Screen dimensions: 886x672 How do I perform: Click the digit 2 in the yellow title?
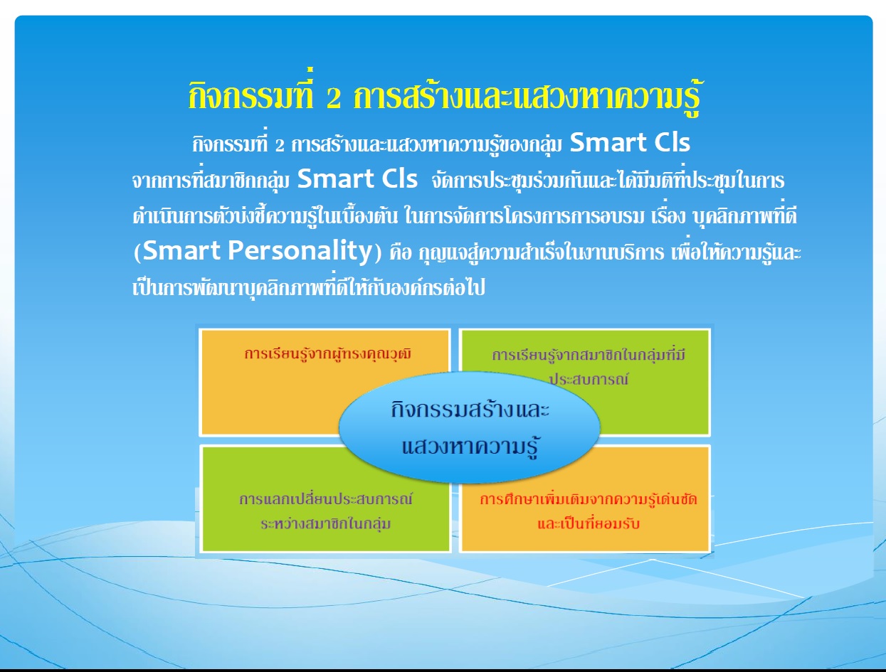click(334, 97)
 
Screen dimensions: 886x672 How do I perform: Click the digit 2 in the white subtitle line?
click(280, 145)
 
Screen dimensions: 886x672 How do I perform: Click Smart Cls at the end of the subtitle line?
click(630, 142)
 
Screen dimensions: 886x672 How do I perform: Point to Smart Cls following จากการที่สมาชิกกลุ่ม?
click(357, 178)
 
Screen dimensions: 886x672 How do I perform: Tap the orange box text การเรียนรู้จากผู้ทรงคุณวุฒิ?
click(328, 353)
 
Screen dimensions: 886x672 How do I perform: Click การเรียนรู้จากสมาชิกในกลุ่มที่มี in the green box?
click(589, 355)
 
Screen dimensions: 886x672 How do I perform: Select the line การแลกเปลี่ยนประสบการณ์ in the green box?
click(326, 499)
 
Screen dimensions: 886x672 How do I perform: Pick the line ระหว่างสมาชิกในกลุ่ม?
click(326, 523)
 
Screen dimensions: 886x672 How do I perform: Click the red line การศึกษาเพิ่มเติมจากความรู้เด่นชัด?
click(589, 499)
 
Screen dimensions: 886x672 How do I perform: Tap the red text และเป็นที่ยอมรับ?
click(589, 523)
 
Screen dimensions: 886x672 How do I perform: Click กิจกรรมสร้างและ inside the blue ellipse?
click(470, 409)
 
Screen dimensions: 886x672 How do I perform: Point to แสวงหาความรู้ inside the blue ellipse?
click(470, 446)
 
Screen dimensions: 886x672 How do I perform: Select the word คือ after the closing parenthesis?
click(401, 252)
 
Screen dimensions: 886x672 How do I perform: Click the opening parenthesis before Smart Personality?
click(137, 252)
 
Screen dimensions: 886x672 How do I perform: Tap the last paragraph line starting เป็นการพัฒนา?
click(309, 287)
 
